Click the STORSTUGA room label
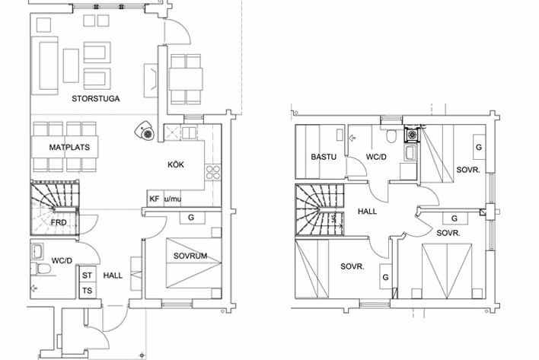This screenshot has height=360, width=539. coord(96,99)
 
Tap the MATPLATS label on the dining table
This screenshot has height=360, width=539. coord(69,148)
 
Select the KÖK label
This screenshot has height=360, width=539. coord(176,164)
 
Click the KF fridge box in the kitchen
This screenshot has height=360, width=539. coord(155,199)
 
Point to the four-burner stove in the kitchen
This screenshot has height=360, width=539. coord(212,172)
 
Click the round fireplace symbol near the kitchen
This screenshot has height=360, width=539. coord(145,131)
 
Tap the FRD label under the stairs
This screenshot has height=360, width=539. coord(59,222)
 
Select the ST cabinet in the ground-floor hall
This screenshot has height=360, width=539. coord(88,275)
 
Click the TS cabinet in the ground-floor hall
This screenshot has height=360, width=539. coord(88,291)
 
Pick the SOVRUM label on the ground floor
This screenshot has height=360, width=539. coord(190,256)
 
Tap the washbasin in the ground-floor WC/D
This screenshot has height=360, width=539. coord(37,251)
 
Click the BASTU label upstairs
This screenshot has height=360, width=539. coord(324,157)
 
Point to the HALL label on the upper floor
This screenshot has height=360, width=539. coord(367,212)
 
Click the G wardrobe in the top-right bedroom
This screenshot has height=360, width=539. coord(479,147)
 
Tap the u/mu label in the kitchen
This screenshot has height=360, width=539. coord(173,199)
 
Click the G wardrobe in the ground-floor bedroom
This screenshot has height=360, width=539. coord(192,218)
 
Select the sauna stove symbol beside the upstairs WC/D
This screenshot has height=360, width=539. coord(411,134)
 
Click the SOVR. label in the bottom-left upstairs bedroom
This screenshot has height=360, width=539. coord(352,266)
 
